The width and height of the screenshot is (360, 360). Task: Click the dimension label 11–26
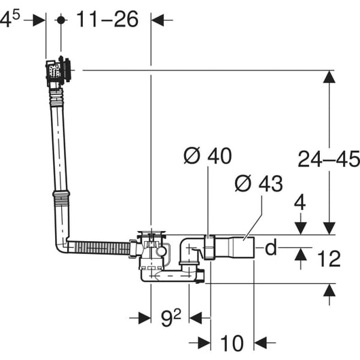pos(107,19)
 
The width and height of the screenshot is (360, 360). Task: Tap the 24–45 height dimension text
pos(329,159)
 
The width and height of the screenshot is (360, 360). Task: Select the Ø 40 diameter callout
pos(208,156)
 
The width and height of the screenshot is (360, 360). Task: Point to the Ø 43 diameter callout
pos(259,183)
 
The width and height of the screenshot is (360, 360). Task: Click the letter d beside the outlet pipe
pos(271,247)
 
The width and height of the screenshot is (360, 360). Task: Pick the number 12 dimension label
pos(329,259)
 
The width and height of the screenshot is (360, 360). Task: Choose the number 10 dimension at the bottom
pos(232,343)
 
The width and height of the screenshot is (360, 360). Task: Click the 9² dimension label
pos(170,317)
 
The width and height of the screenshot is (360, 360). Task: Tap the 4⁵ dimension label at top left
pos(10,19)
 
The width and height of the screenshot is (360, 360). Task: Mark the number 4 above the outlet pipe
pos(300,202)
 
